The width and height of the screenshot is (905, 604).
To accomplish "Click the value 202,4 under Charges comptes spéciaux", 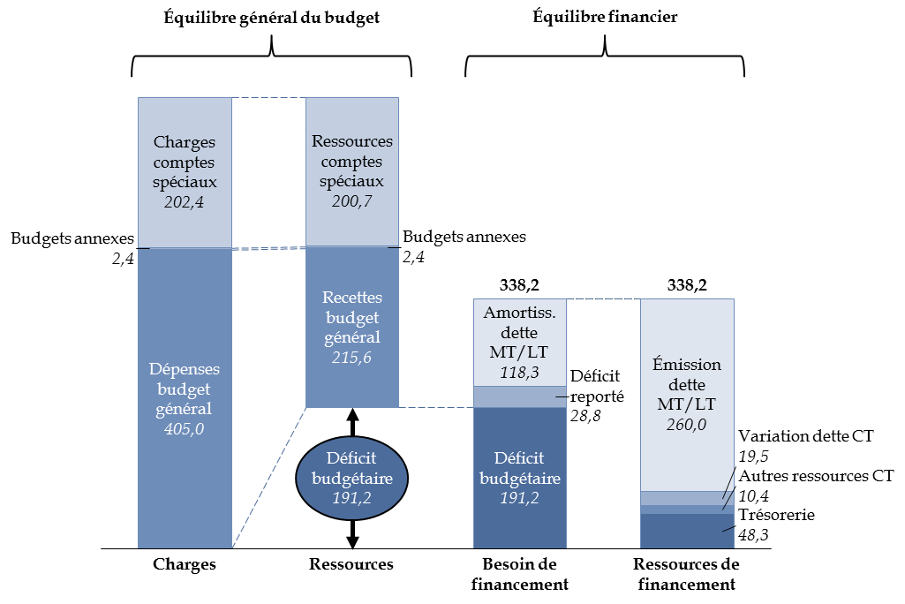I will tap(184, 201).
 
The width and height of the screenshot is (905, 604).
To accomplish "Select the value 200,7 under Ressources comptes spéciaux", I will tap(351, 201).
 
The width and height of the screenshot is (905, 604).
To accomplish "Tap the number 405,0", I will tap(184, 429).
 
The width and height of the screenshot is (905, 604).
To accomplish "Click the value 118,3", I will tap(519, 373).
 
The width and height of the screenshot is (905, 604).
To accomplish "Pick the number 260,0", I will tap(687, 424).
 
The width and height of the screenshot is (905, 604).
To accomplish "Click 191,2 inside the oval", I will tap(351, 497).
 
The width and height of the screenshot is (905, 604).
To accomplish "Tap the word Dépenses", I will tap(184, 368).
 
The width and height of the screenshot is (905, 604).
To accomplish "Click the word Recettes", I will tap(351, 297).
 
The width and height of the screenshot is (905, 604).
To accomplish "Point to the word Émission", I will tap(687, 365).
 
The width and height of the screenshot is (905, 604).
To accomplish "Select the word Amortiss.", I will tap(519, 313).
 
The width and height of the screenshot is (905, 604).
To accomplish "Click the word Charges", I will tap(184, 141).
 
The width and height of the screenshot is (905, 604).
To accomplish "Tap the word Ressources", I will tap(351, 141).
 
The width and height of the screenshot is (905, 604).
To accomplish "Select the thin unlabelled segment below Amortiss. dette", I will tap(519, 396).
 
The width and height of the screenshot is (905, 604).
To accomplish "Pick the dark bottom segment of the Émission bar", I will tap(687, 532).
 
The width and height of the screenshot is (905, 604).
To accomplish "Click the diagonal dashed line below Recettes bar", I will tap(269, 477).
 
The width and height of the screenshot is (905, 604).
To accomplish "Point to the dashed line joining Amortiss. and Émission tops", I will tap(603, 299).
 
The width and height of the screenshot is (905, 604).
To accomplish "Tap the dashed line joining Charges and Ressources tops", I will tap(268, 98).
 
